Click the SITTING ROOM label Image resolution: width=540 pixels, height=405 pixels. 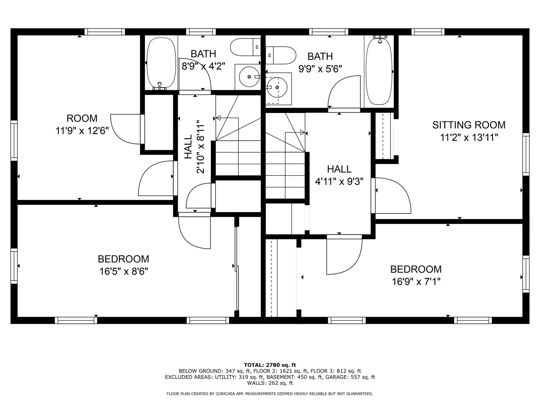point(469,125)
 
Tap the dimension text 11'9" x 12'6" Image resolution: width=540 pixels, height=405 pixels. point(82,131)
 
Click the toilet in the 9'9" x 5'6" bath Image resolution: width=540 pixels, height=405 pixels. point(281,55)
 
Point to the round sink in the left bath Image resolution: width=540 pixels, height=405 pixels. point(249,76)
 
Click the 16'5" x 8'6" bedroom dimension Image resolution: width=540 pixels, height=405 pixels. point(123,271)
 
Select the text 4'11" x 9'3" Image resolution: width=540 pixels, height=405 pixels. point(339,182)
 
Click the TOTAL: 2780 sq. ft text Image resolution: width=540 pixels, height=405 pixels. point(270,365)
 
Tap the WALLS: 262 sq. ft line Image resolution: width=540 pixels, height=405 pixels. point(270,383)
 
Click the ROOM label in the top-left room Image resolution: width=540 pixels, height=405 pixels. point(82,118)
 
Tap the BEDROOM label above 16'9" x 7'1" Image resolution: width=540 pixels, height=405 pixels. point(416,269)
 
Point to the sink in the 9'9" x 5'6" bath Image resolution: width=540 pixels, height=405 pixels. point(277,87)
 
